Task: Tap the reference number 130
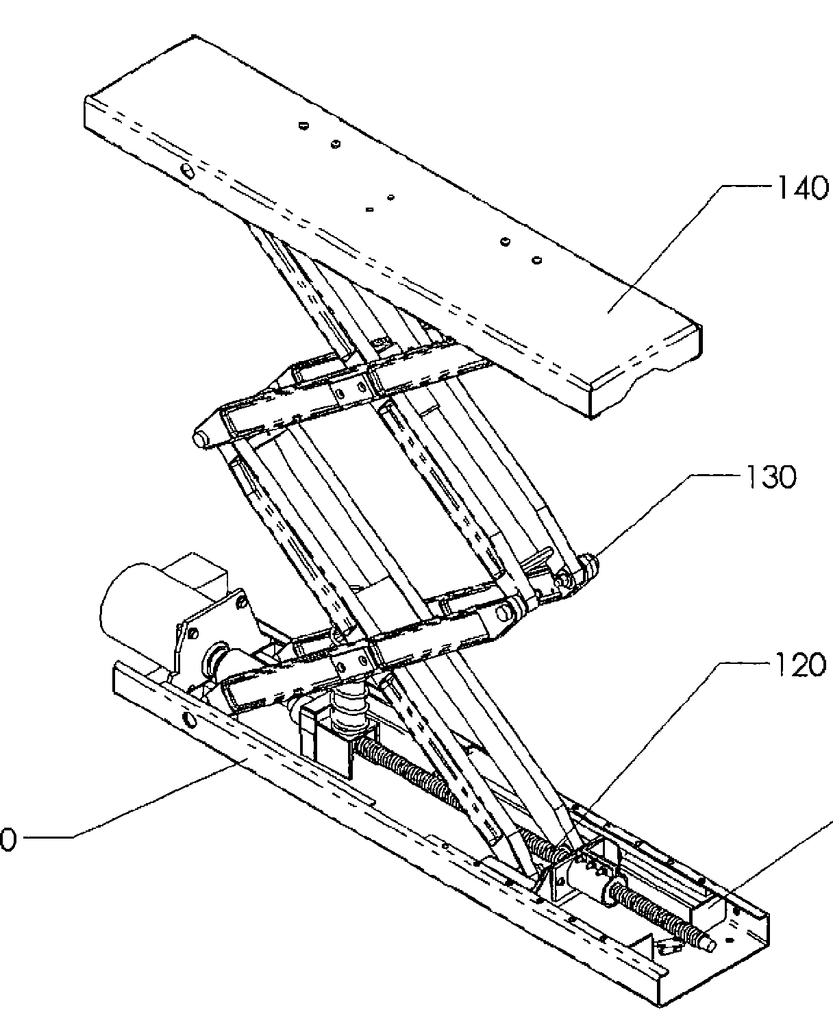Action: tap(768, 478)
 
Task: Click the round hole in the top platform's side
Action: tap(186, 169)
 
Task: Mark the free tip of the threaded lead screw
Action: tap(711, 946)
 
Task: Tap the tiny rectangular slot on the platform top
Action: tap(369, 206)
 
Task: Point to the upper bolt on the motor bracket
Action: tap(240, 603)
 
